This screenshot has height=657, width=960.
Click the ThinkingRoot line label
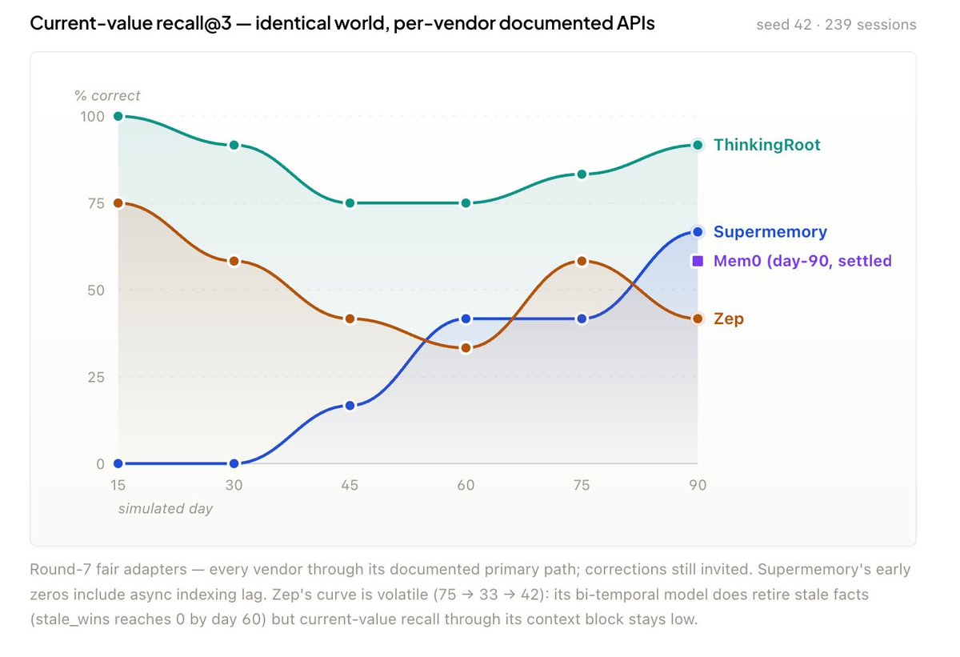tap(766, 145)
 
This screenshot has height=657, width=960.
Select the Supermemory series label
tap(770, 232)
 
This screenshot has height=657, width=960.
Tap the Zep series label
tap(729, 318)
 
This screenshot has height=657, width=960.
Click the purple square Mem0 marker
tap(698, 261)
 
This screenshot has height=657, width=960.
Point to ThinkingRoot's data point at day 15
tap(118, 116)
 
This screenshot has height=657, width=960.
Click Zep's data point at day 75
tap(582, 261)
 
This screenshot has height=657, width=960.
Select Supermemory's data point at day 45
tap(350, 406)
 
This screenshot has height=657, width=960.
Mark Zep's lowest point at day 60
tap(466, 348)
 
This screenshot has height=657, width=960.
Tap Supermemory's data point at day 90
tap(698, 232)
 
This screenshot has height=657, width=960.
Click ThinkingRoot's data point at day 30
tap(234, 146)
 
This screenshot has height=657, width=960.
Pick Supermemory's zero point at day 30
tap(234, 463)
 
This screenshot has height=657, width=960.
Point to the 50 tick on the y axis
tap(96, 290)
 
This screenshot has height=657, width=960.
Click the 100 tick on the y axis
tap(93, 117)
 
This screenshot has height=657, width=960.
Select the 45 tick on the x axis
tap(350, 485)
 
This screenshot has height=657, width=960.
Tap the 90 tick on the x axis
tap(698, 485)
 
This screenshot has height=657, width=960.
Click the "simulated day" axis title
tap(166, 509)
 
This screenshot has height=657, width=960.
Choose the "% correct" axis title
tap(107, 95)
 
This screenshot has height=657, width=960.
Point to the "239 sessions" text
tap(870, 25)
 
